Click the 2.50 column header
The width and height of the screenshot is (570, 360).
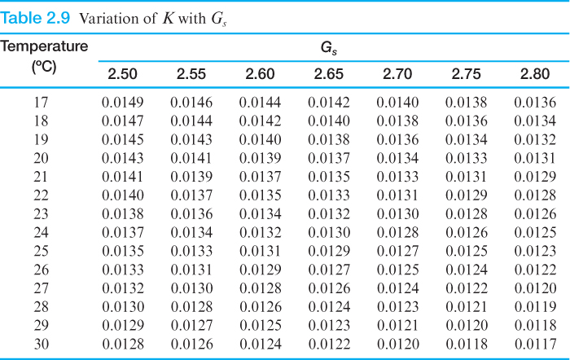(123, 74)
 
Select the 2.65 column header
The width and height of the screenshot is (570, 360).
(329, 74)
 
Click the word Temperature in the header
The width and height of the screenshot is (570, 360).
(44, 46)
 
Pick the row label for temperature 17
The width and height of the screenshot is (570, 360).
(42, 103)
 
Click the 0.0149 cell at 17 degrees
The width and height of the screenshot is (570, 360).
(123, 103)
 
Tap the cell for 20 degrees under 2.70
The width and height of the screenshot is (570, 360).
(397, 157)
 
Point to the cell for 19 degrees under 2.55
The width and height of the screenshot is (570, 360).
(191, 139)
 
